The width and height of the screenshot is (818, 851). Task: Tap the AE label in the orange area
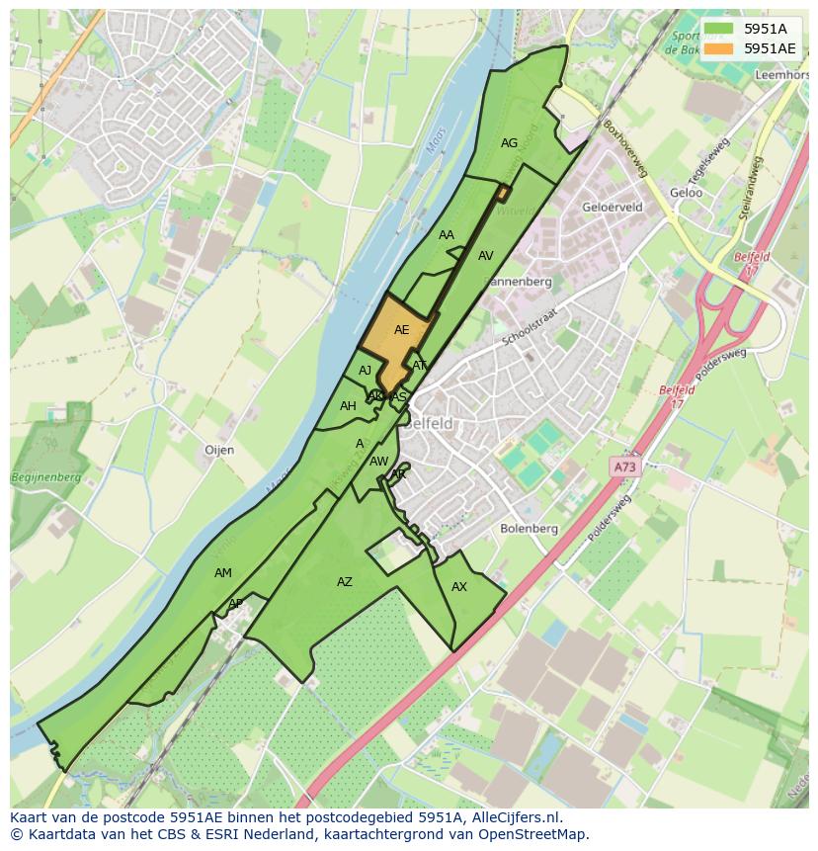(401, 330)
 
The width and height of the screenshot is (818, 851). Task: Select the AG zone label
(509, 143)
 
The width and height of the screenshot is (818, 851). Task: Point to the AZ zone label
(344, 582)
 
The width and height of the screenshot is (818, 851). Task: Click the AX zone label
(458, 587)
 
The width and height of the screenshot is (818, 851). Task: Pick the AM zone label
(223, 573)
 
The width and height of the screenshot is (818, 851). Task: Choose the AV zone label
(485, 256)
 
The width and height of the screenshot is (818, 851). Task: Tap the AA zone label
(447, 235)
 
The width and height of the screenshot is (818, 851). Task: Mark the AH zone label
(348, 406)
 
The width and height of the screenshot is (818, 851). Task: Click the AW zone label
(378, 462)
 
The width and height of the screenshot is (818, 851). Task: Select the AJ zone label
(366, 371)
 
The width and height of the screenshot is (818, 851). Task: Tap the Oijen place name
(219, 450)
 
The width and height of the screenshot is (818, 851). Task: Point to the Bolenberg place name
(529, 529)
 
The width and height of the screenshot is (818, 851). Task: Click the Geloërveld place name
(613, 208)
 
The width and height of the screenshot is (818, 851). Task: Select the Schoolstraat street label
(531, 325)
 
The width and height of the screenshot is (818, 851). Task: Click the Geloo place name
(686, 193)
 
